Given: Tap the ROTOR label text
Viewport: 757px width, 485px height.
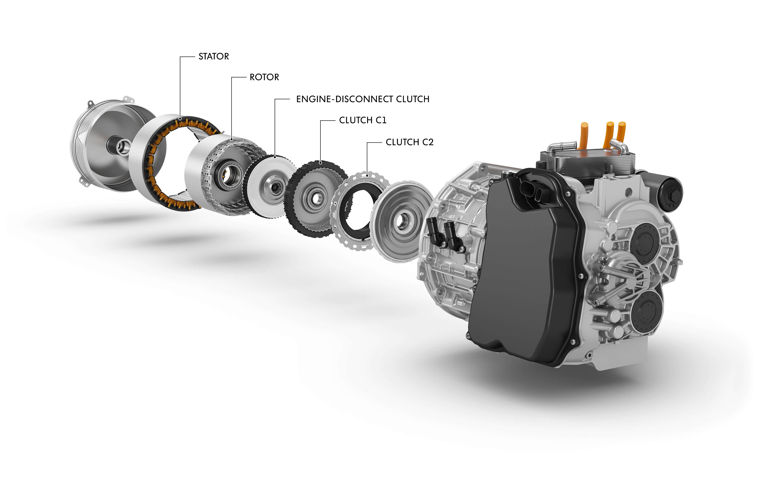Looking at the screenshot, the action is pyautogui.click(x=264, y=77).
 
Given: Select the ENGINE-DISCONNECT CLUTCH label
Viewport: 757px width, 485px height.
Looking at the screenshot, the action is pyautogui.click(x=363, y=99).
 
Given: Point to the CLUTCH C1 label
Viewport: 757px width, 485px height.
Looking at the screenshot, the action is pyautogui.click(x=363, y=120).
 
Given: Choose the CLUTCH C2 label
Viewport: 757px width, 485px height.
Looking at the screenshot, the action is pyautogui.click(x=409, y=142).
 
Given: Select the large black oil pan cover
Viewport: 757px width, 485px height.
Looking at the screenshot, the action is pyautogui.click(x=525, y=268).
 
